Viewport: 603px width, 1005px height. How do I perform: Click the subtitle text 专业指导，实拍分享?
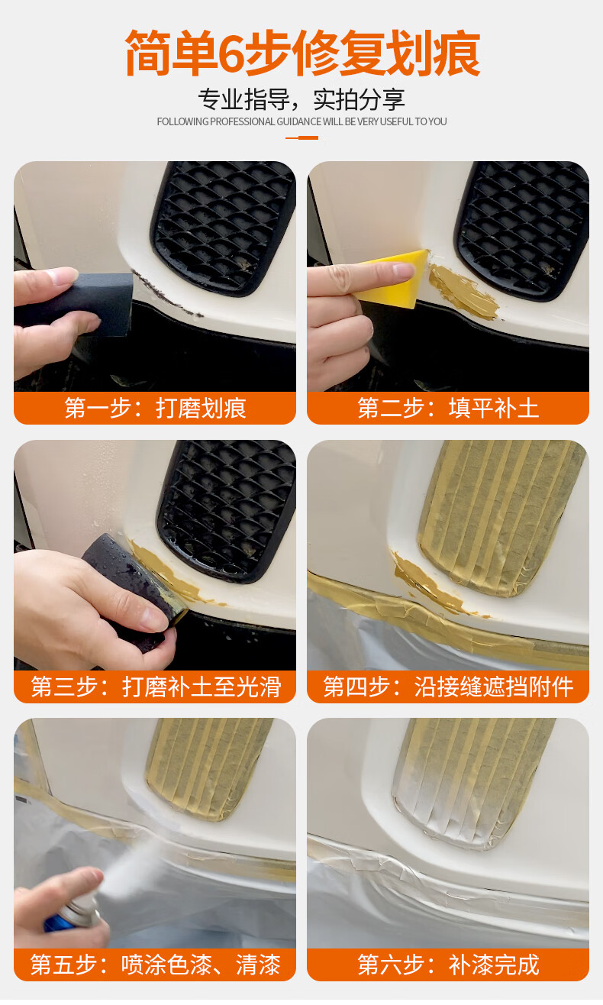pos(301,99)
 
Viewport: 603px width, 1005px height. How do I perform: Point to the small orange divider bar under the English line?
pos(301,137)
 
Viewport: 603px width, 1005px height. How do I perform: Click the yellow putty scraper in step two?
pos(394,279)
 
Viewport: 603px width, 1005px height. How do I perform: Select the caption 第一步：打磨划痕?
pos(155,409)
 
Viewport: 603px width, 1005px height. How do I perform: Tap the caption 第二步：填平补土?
pos(448,409)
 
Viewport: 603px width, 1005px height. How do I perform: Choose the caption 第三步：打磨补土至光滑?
pos(155,687)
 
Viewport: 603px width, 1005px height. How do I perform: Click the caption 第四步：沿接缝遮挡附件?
pos(448,687)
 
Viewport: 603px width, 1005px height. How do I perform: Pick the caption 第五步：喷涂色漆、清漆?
pos(155,965)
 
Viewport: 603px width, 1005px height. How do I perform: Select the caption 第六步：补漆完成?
pos(448,965)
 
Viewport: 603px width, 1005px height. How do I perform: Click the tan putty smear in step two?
pos(463,292)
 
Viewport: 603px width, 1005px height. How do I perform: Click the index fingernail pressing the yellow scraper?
pos(402,270)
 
